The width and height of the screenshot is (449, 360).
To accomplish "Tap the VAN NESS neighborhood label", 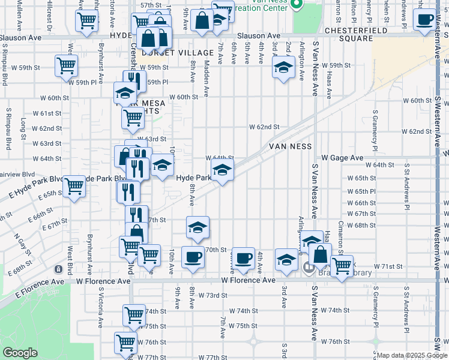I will tap(290, 146).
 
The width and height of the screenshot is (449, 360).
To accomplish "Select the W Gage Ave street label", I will tap(342, 157).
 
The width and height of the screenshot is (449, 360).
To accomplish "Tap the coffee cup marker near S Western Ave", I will tap(425, 20).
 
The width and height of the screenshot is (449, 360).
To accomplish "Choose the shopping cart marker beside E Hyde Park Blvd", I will tap(74, 186).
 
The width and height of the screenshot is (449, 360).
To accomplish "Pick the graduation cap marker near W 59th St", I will tap(283, 67).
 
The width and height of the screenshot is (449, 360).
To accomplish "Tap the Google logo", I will tap(20, 353).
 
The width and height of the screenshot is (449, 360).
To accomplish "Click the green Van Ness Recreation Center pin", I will tap(297, 6).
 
